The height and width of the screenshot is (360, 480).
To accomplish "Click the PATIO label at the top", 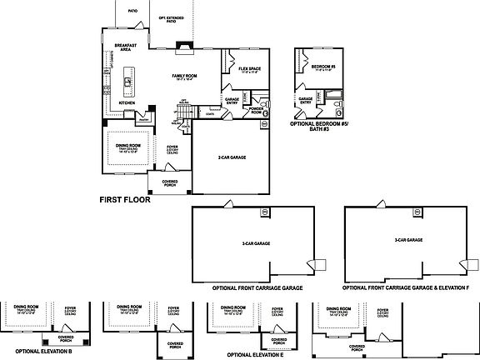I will coord(132,12).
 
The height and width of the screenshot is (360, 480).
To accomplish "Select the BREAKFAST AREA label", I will coord(126,47).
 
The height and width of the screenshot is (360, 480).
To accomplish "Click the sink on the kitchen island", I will coord(127,82).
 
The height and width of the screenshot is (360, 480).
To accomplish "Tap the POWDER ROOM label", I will coord(257,110).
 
